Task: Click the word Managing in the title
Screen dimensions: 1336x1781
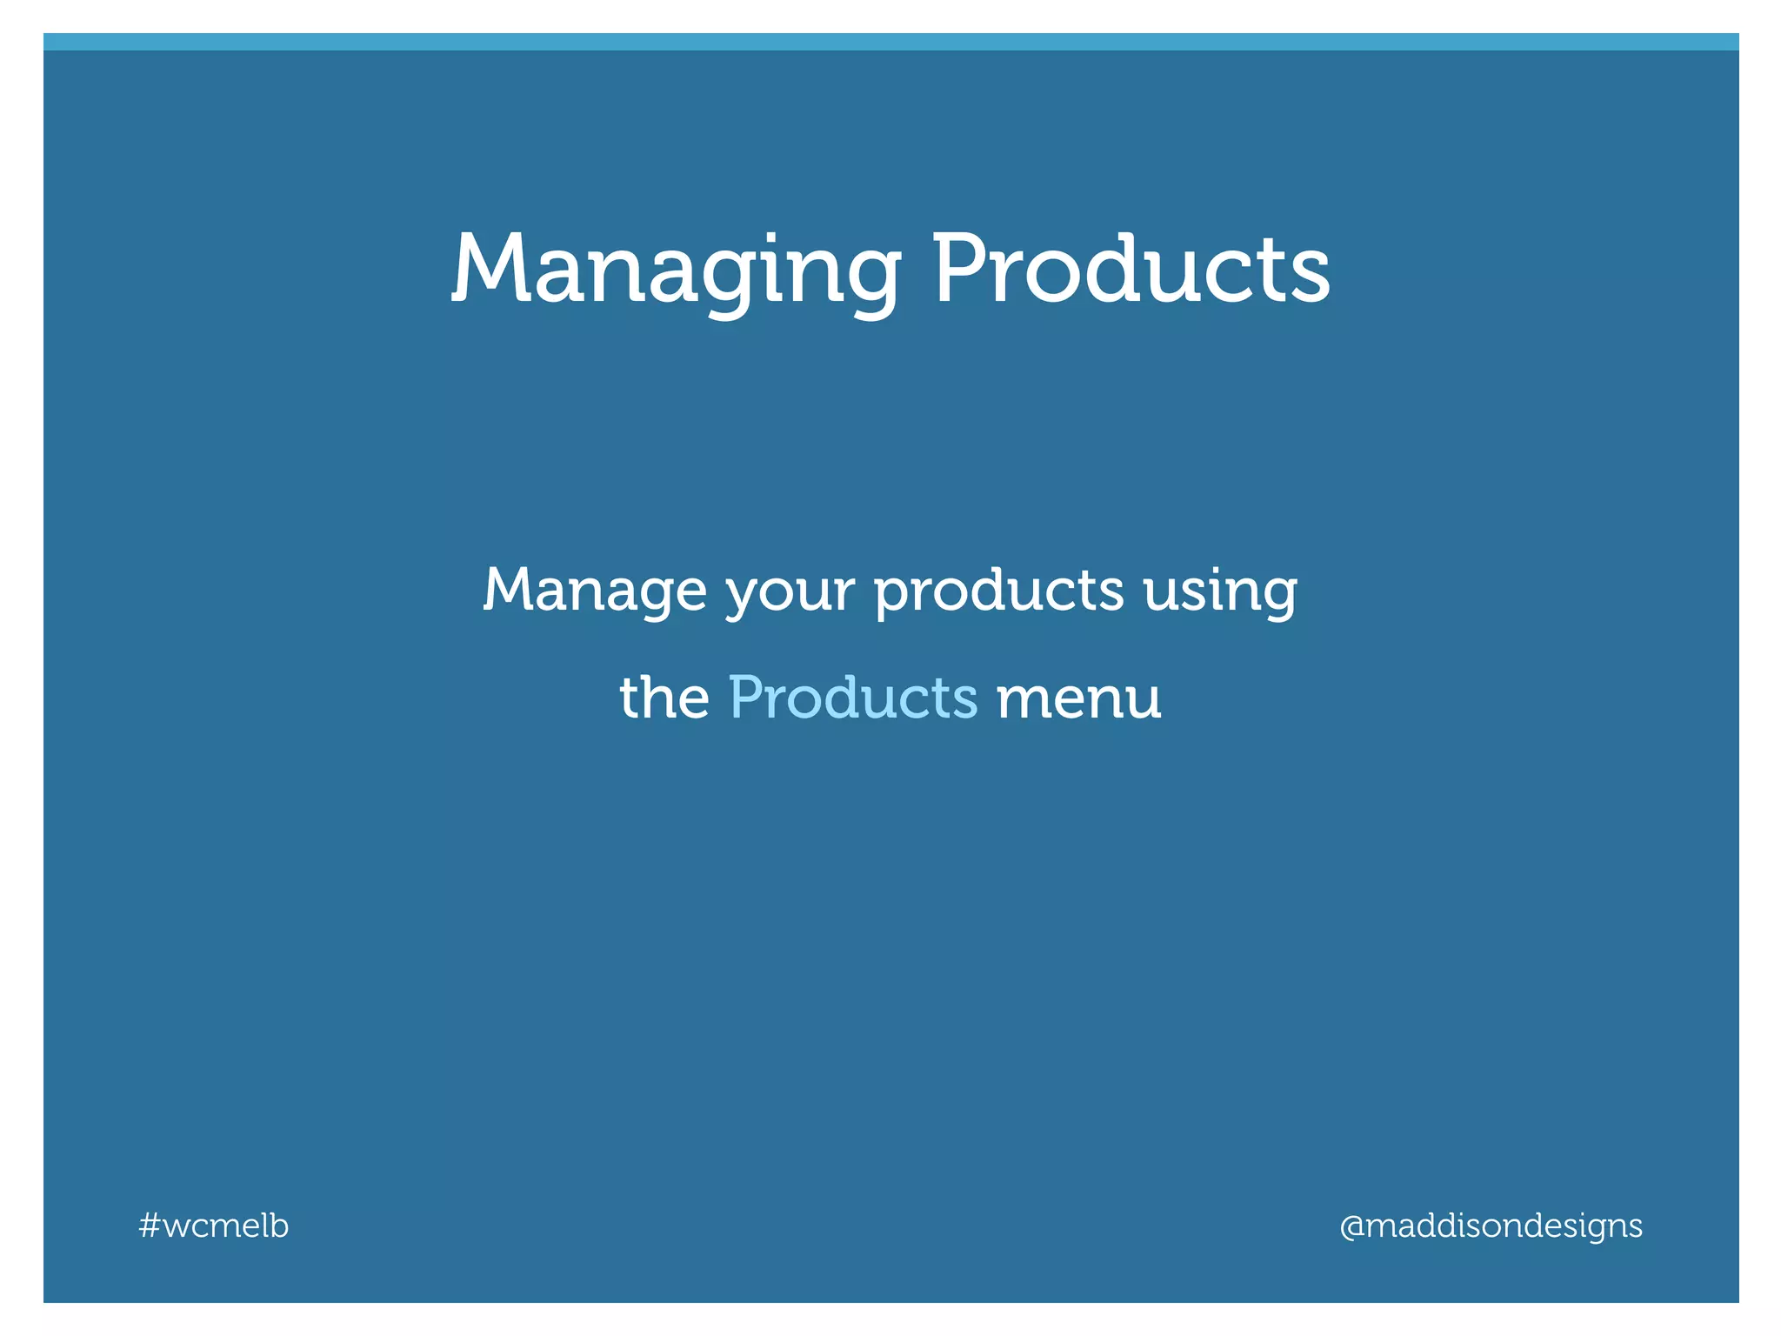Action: coord(675,271)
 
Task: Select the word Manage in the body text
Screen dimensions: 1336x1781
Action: coord(595,591)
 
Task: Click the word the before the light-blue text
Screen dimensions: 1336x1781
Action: coord(664,698)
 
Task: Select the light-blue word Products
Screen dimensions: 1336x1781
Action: coord(852,698)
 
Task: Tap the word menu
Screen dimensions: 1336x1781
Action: coord(1078,699)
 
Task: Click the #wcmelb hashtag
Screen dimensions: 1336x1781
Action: coord(214,1226)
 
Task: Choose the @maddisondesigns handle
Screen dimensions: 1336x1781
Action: coord(1491,1226)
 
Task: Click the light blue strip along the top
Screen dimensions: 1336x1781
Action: coord(890,41)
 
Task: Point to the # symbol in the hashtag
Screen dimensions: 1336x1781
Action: coord(149,1226)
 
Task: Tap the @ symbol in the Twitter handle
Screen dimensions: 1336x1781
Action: coord(1351,1226)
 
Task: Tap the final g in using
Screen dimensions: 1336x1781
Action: coord(1276,598)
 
